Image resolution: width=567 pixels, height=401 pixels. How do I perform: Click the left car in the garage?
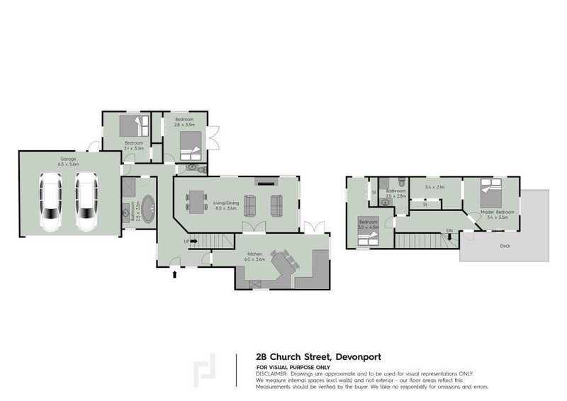[50, 203]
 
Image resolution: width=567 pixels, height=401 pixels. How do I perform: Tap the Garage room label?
[48, 161]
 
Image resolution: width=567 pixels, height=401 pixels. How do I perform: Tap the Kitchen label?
[255, 256]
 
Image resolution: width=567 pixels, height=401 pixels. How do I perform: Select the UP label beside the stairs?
[186, 242]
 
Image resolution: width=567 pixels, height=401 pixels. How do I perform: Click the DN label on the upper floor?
[449, 231]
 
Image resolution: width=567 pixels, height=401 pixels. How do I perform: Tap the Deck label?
[505, 247]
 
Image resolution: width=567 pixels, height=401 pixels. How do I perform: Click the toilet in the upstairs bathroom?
[401, 182]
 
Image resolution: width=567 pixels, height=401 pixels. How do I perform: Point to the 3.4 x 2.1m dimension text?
[433, 187]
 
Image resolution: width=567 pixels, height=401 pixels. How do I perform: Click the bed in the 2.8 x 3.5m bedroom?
[189, 147]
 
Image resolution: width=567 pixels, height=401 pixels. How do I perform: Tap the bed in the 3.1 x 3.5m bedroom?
[132, 128]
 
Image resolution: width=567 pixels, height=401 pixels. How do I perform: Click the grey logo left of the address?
[206, 370]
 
